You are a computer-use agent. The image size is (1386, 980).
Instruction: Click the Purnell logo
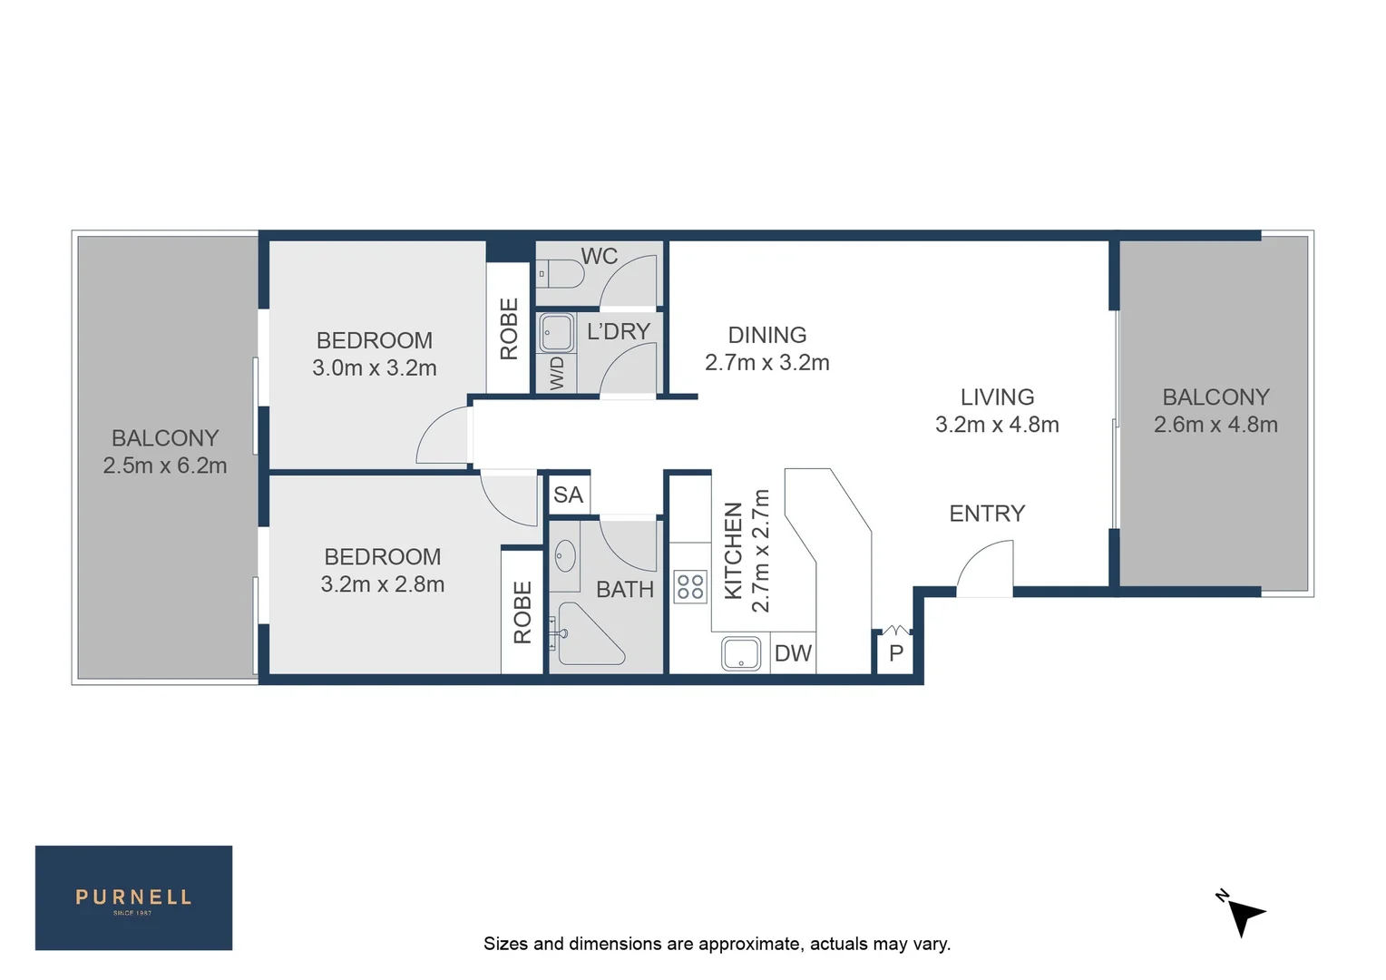point(133,897)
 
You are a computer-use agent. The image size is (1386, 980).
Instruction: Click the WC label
point(600,257)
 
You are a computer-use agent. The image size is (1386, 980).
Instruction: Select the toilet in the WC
point(561,273)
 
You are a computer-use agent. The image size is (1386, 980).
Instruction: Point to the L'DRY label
point(619,332)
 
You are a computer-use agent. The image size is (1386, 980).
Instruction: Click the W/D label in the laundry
point(557,373)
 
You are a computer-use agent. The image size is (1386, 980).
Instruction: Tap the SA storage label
point(569,495)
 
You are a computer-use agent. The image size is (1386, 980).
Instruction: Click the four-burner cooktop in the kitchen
point(690,587)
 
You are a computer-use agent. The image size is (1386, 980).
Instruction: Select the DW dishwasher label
point(793,654)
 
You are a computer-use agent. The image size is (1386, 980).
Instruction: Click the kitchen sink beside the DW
point(741,653)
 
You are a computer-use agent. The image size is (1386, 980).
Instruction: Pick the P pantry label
point(896,654)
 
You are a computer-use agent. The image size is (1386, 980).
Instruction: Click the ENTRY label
point(987,514)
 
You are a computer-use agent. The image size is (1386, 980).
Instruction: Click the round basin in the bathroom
point(565,556)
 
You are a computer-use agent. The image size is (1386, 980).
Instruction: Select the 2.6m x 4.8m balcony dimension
point(1215,425)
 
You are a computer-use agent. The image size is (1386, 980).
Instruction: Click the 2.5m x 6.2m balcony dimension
point(165,466)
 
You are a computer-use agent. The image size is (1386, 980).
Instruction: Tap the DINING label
point(767,336)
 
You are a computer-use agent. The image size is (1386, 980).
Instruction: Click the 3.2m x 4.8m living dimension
point(997,425)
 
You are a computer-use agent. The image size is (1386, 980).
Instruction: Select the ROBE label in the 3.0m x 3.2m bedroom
point(509,329)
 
